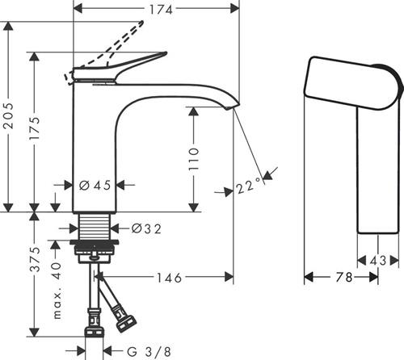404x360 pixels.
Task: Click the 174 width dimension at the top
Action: (161, 10)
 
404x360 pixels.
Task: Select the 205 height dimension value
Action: (8, 115)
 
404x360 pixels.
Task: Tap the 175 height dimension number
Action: (35, 128)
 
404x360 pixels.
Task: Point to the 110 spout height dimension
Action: (194, 159)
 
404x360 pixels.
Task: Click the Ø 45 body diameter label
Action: (95, 185)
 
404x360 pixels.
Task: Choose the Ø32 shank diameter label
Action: (146, 228)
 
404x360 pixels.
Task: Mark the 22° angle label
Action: (249, 186)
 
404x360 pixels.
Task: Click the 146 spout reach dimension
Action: (170, 278)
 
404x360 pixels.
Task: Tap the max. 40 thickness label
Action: (57, 291)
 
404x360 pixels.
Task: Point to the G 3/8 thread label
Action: (149, 351)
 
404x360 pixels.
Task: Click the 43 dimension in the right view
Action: (378, 261)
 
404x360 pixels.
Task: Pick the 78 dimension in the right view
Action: (344, 277)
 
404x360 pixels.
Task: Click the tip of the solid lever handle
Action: (166, 53)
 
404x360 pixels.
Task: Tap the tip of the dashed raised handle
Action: (141, 23)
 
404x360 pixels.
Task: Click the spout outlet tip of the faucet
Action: (228, 107)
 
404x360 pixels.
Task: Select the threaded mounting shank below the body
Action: (95, 227)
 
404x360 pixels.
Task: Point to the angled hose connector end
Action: (126, 324)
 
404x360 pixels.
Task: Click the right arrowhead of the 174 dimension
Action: (235, 9)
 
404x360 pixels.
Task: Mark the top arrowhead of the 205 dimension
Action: (8, 26)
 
